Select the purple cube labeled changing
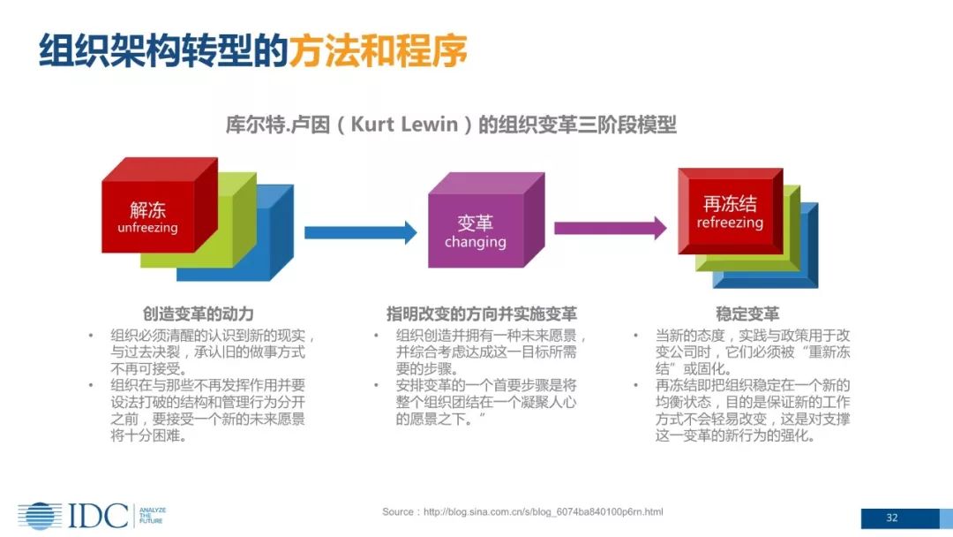[475, 231]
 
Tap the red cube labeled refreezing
[729, 212]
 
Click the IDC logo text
[98, 515]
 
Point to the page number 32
[892, 518]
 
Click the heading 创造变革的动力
[199, 314]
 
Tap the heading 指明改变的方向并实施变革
[482, 314]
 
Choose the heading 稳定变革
[747, 314]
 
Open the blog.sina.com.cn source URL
[543, 512]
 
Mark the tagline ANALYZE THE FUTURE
[153, 516]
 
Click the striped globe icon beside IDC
[39, 516]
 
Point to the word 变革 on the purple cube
[475, 223]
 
